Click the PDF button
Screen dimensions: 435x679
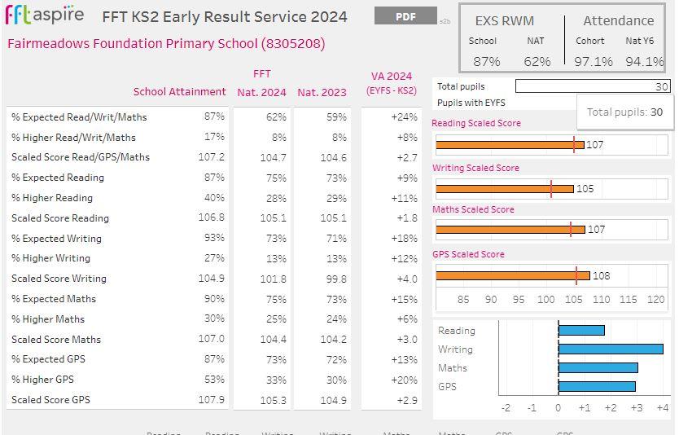coord(405,16)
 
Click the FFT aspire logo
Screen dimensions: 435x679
coord(45,15)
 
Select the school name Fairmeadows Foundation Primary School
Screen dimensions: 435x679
coord(166,44)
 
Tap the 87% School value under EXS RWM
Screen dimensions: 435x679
coord(487,61)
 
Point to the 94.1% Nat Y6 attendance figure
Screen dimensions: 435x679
coord(644,61)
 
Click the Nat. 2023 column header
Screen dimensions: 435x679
coord(322,92)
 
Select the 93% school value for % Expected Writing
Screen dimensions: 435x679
coord(214,239)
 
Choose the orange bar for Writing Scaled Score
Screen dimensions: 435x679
coord(504,189)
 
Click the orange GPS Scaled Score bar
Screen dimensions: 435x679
coord(512,275)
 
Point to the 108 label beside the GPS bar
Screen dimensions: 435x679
coord(602,275)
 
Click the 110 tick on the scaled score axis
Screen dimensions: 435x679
coord(601,300)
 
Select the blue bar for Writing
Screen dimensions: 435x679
coord(611,349)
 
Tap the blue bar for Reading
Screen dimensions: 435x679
coord(581,330)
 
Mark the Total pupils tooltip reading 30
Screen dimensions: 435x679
coord(624,112)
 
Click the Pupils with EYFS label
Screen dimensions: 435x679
coord(471,103)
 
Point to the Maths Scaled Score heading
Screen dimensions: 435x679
coord(473,209)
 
